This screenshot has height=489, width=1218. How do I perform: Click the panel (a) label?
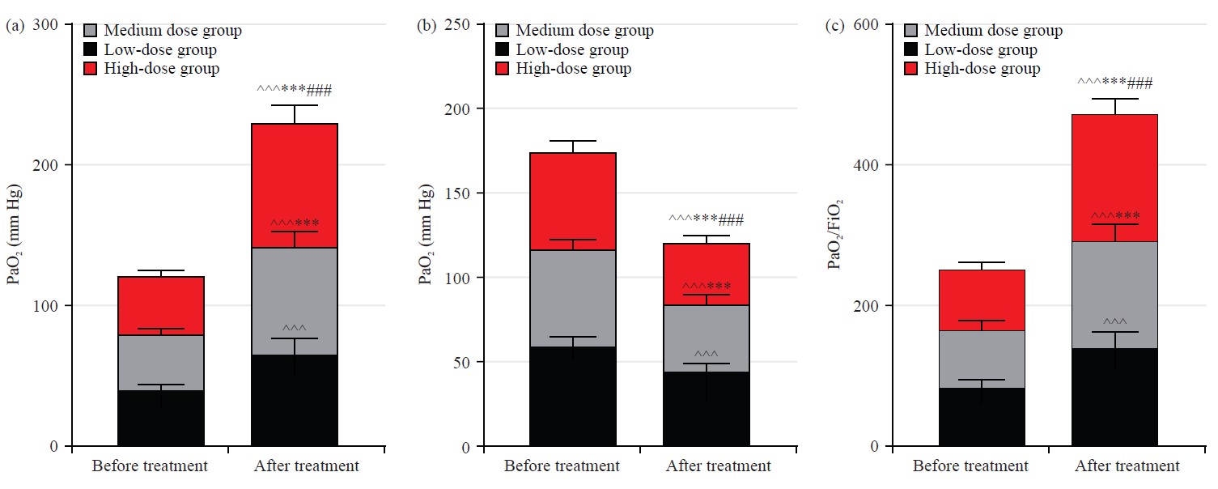(14, 26)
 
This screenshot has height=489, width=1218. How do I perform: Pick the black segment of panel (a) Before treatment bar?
(160, 418)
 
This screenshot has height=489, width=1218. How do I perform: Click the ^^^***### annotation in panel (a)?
(294, 89)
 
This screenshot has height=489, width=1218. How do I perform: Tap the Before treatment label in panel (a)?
(149, 466)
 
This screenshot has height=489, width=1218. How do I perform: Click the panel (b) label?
(425, 26)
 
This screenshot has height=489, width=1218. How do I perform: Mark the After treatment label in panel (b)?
(718, 466)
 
